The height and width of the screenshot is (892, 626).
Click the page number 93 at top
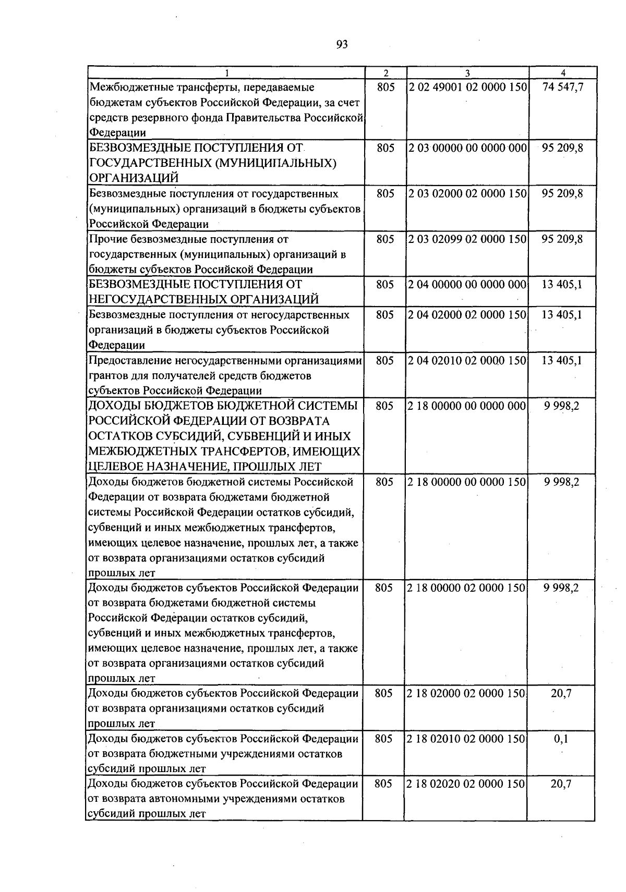point(342,44)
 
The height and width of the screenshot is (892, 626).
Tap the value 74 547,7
point(562,87)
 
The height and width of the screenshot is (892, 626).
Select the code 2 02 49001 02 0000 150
point(467,87)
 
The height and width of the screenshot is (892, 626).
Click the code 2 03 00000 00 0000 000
point(467,148)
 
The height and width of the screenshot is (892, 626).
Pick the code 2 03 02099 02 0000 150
point(467,239)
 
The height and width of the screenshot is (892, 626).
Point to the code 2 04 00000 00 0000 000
point(467,285)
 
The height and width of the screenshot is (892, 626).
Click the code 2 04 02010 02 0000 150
point(467,361)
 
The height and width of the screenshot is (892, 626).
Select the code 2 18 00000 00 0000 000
point(467,406)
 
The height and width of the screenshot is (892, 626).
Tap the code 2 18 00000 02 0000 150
point(467,588)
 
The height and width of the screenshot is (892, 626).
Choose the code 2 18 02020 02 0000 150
point(467,785)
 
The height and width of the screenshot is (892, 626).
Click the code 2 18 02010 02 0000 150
point(467,739)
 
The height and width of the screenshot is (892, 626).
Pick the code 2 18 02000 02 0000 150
point(467,694)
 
